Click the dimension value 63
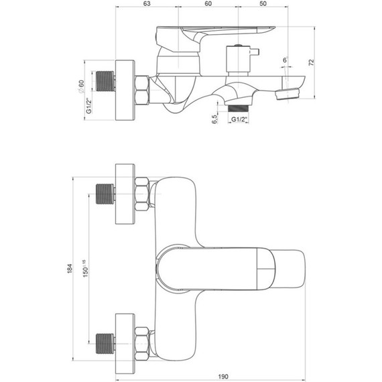147,3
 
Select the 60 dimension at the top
208,3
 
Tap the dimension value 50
263,3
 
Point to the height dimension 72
312,62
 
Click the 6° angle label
285,60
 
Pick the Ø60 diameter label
81,86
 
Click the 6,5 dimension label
214,119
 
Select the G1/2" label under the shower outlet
239,119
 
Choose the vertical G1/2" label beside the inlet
89,106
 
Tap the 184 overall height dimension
70,268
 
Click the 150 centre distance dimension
85,269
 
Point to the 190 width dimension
223,377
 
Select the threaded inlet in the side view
105,81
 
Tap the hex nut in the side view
142,90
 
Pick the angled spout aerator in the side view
287,94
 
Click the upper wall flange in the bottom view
125,194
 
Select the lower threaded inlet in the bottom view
105,344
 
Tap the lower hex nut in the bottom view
142,344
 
